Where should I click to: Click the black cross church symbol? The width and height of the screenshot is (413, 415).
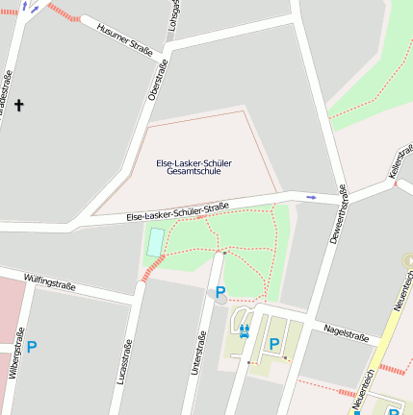tap(17, 105)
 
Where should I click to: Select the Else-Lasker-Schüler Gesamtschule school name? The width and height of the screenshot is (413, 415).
tap(194, 167)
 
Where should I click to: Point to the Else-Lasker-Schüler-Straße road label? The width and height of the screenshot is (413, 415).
tap(177, 212)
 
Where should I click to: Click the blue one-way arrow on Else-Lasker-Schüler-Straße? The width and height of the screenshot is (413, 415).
tap(310, 197)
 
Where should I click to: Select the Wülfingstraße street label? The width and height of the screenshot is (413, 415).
tap(50, 283)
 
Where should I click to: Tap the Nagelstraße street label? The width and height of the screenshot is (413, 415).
tap(347, 332)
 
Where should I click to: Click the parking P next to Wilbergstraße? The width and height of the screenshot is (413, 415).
tap(32, 347)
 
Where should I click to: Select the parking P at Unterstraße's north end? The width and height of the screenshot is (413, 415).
tap(220, 291)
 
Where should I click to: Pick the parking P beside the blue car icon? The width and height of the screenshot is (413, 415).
tap(274, 343)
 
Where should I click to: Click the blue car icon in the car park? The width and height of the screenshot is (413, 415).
tap(244, 331)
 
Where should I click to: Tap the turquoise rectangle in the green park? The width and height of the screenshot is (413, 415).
tap(154, 243)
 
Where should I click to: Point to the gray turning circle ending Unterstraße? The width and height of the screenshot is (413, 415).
tap(220, 300)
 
